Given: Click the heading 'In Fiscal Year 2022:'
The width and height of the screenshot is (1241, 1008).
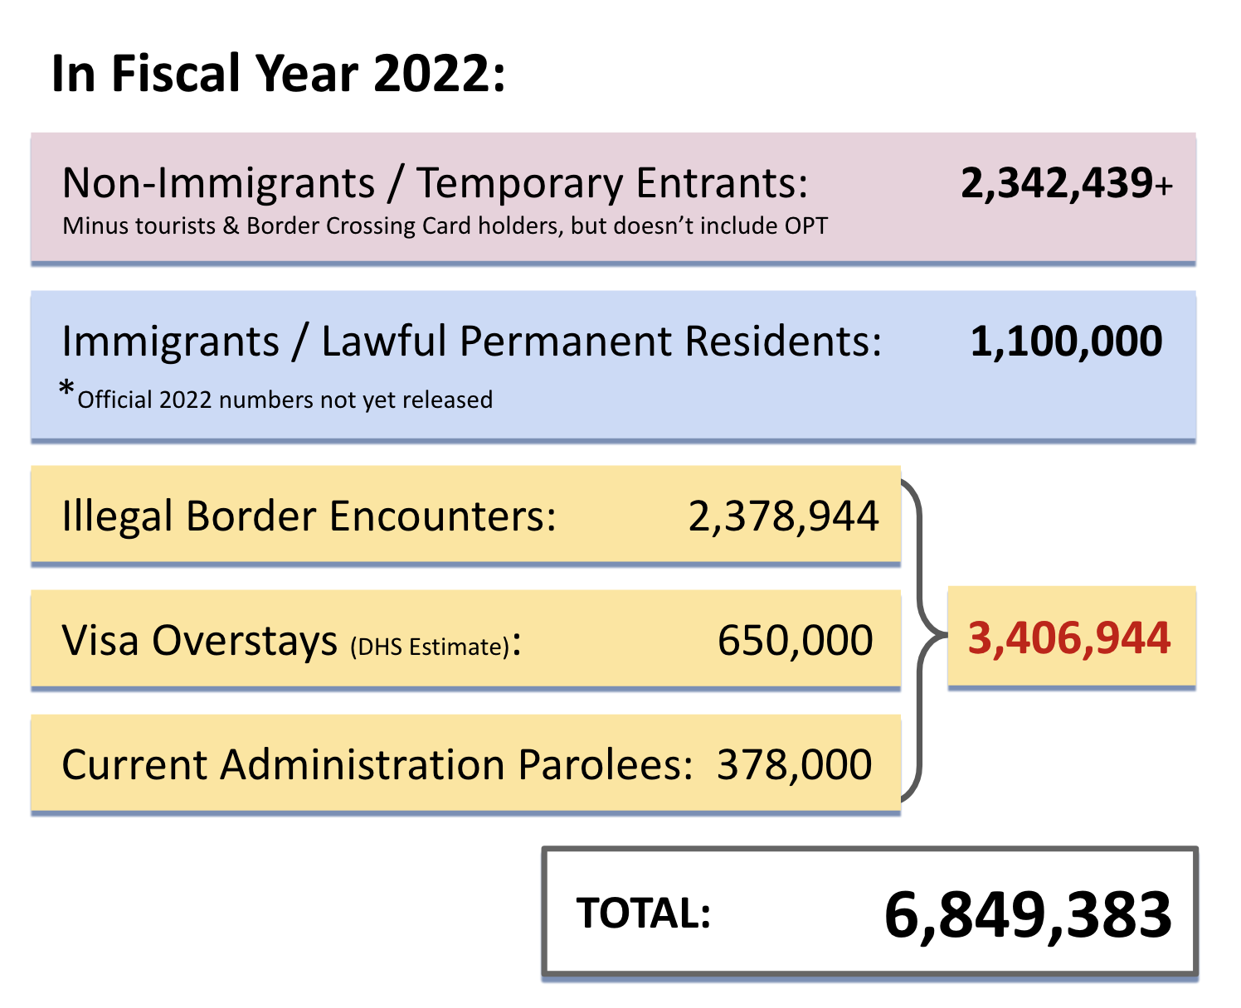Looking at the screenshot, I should coord(278,74).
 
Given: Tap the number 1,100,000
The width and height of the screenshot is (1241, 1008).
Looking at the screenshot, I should coord(1066,342).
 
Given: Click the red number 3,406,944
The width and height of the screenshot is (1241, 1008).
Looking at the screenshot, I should coord(1069,638).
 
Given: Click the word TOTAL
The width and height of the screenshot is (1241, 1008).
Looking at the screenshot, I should coord(643,913).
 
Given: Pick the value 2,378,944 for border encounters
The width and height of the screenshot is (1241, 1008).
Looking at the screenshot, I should coord(783,516).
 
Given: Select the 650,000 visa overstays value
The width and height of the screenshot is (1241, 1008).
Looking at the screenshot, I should coord(795,641).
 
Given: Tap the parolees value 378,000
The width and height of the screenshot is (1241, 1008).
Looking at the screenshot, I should coord(794,764).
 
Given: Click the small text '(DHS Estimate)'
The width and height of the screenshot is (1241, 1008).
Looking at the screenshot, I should coord(430,647).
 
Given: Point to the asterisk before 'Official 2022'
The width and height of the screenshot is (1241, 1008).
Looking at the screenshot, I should coord(67,390).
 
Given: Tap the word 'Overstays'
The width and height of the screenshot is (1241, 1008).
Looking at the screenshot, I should coord(245,641).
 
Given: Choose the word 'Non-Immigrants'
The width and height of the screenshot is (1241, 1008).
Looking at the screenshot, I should coord(218,183).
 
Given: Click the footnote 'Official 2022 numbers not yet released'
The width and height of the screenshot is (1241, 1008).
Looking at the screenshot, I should coord(285,400).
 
